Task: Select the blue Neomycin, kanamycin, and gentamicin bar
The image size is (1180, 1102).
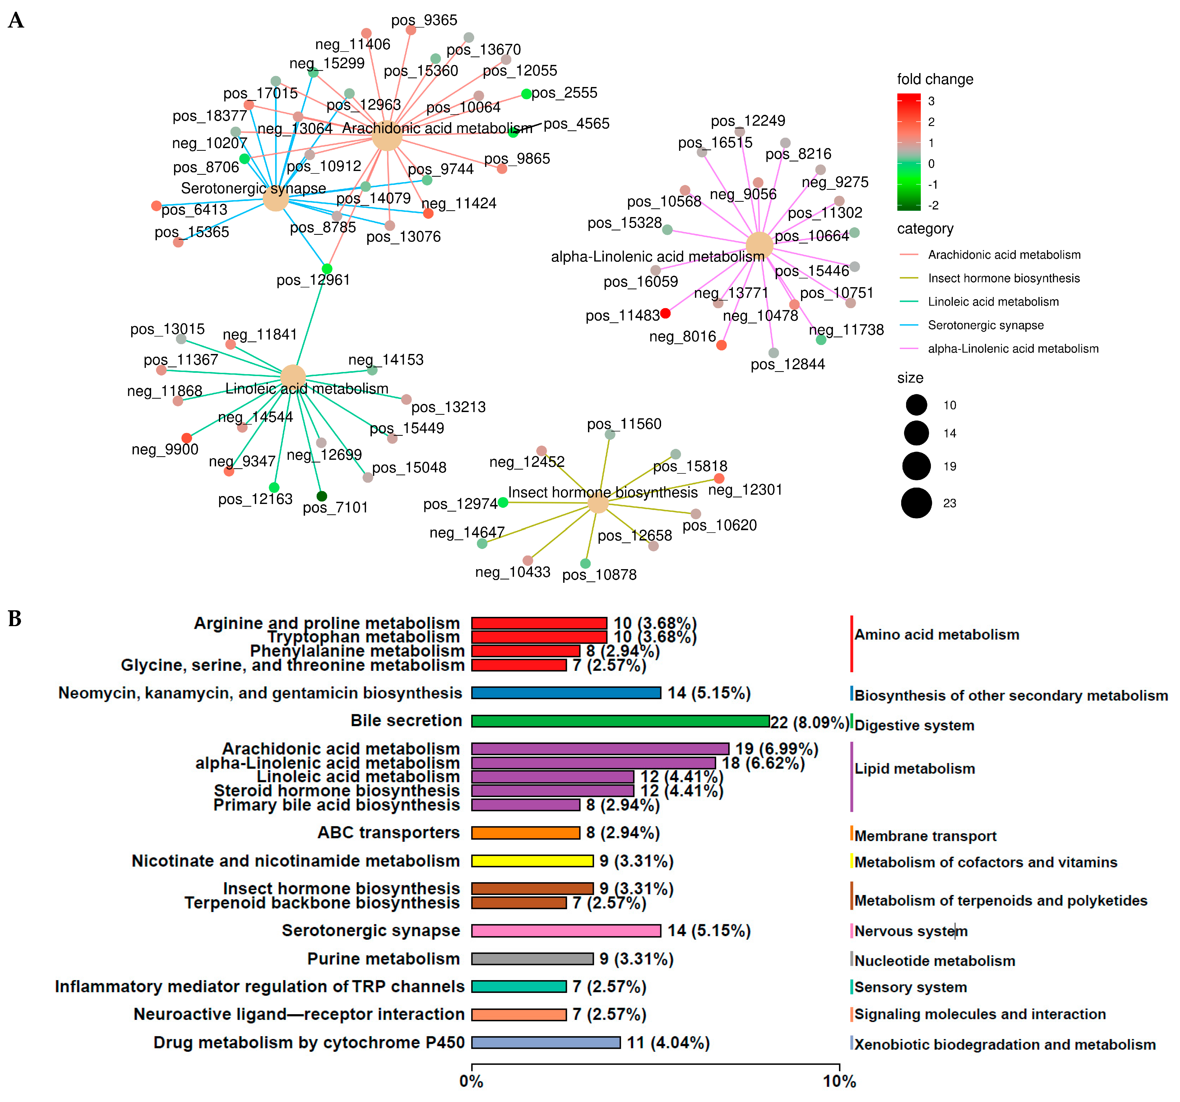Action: (x=566, y=692)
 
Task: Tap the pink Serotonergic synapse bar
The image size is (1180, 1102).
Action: (x=566, y=930)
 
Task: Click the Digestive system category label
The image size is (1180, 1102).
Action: (x=914, y=725)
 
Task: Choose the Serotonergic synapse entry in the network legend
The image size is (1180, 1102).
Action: (x=985, y=325)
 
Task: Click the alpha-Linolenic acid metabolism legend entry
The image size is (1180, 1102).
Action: (x=1012, y=349)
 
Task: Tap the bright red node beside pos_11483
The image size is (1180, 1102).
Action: (x=665, y=313)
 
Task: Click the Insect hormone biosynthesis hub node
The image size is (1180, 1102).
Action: (x=598, y=503)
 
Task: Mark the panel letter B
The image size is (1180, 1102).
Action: (x=15, y=619)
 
